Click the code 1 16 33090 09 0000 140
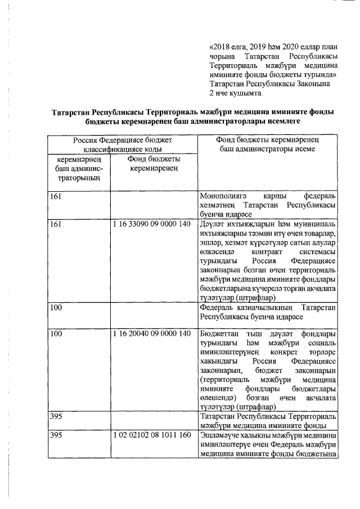pos(152,224)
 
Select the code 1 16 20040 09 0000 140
pos(152,334)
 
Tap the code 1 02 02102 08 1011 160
pos(152,435)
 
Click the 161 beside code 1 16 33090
pos(56,224)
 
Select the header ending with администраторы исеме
pos(267,145)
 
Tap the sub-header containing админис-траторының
pos(78,169)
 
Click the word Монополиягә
pos(223,196)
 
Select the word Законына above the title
pos(313,83)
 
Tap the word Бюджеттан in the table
pos(219,334)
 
